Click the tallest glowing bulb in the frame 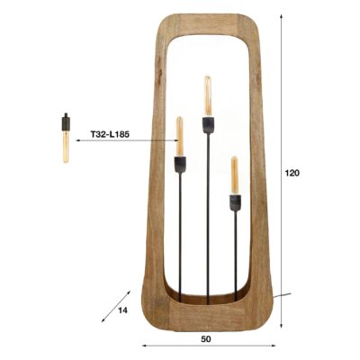(x=207, y=93)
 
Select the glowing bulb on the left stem (x=179, y=137)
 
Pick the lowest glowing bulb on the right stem (x=235, y=174)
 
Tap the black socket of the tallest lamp (x=207, y=122)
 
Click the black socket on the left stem (x=179, y=165)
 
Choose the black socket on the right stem (x=235, y=202)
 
